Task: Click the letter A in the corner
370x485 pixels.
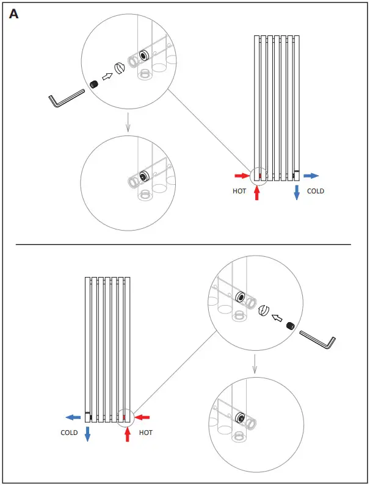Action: click(14, 14)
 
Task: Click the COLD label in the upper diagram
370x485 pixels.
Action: click(315, 191)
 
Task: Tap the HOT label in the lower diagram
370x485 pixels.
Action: click(145, 433)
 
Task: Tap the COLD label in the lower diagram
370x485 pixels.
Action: click(69, 433)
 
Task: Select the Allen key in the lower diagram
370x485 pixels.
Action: click(317, 339)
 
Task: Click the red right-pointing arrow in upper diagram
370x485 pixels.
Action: click(242, 176)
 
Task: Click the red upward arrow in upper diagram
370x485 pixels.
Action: click(256, 193)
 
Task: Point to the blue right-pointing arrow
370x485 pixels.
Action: click(311, 176)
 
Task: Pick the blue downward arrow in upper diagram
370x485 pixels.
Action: click(296, 192)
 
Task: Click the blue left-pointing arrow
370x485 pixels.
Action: click(73, 417)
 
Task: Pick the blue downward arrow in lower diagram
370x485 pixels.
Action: click(87, 434)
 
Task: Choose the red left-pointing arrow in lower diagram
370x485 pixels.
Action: click(142, 417)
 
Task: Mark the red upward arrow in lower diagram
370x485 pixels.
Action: click(127, 434)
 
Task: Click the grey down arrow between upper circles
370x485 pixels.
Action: click(127, 124)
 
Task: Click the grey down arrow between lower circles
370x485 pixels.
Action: click(255, 366)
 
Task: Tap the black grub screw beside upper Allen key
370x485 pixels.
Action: click(95, 84)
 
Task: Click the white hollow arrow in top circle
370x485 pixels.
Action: click(106, 77)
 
